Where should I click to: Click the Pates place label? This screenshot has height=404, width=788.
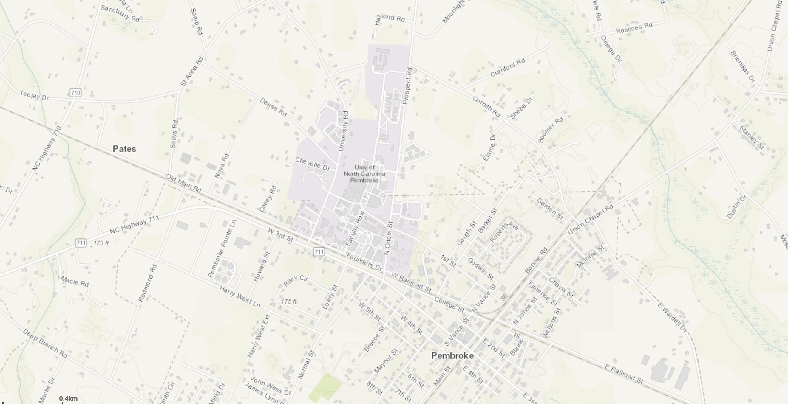click(124, 149)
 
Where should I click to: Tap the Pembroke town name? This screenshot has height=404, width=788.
click(452, 355)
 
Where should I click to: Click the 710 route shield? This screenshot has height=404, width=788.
click(75, 92)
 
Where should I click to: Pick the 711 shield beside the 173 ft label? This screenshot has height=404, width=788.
click(81, 243)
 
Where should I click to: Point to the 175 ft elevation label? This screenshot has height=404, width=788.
click(288, 302)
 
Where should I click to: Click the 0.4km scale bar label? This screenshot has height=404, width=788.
click(68, 399)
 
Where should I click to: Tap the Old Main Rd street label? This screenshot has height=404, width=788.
click(183, 183)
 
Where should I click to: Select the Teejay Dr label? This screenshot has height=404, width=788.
click(34, 95)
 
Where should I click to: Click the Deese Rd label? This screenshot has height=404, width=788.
click(273, 107)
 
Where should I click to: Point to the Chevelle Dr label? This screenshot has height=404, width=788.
click(312, 164)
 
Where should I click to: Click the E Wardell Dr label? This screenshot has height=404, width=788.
click(672, 318)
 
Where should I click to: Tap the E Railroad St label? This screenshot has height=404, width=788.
click(624, 374)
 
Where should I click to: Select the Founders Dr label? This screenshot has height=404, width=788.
click(364, 262)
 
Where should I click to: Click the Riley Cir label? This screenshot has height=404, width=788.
click(296, 280)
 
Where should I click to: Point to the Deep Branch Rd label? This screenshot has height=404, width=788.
click(45, 343)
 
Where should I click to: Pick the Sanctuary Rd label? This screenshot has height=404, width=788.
click(120, 13)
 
